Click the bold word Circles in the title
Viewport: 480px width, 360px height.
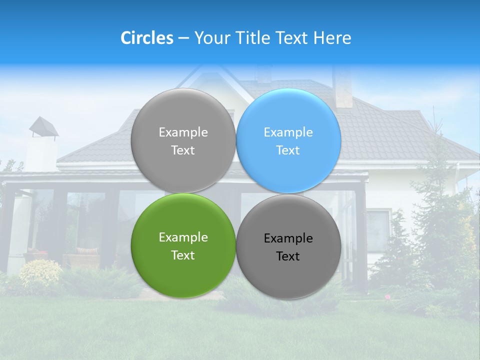(x=146, y=38)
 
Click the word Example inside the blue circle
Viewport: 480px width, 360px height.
(x=288, y=132)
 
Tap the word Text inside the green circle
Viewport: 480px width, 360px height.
(x=183, y=255)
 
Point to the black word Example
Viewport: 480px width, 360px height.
(x=288, y=238)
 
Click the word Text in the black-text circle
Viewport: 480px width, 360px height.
(x=288, y=256)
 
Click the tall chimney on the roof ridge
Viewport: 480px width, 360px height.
(x=343, y=87)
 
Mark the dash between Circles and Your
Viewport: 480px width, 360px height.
(x=183, y=38)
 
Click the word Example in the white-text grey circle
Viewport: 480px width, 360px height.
(x=183, y=132)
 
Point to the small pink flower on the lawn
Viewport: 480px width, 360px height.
(x=387, y=297)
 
